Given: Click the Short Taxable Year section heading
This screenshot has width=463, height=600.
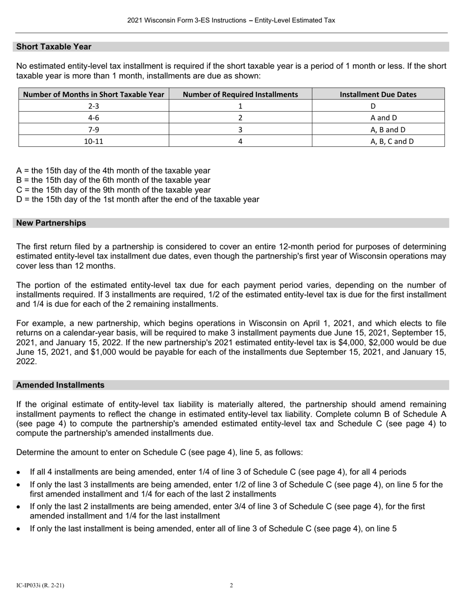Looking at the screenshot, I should pyautogui.click(x=54, y=47).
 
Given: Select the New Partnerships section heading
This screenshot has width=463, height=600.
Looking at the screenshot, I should pyautogui.click(x=51, y=223).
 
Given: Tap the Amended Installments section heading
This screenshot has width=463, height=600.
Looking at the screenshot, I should pyautogui.click(x=60, y=385).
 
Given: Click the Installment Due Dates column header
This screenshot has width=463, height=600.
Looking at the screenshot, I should pyautogui.click(x=378, y=94).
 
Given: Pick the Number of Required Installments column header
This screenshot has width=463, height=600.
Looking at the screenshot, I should pyautogui.click(x=240, y=94).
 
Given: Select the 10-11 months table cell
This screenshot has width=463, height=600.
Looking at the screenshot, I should pyautogui.click(x=94, y=141).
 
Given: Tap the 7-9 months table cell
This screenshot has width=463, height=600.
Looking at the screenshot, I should pyautogui.click(x=94, y=130).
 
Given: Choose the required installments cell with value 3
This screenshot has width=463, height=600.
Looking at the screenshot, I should pyautogui.click(x=240, y=130).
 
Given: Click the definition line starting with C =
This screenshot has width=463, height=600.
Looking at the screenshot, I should pyautogui.click(x=114, y=190).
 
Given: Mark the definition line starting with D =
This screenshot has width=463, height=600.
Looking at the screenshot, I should pyautogui.click(x=137, y=200).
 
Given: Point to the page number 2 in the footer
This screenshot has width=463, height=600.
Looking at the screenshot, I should pyautogui.click(x=231, y=585).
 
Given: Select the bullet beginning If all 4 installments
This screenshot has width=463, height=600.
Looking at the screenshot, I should pyautogui.click(x=218, y=472).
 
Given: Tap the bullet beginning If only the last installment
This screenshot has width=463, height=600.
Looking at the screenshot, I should pyautogui.click(x=213, y=528).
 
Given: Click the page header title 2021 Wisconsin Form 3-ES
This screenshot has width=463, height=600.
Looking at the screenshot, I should pyautogui.click(x=231, y=20).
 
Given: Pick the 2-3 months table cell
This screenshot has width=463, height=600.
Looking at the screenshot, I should pyautogui.click(x=94, y=106).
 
